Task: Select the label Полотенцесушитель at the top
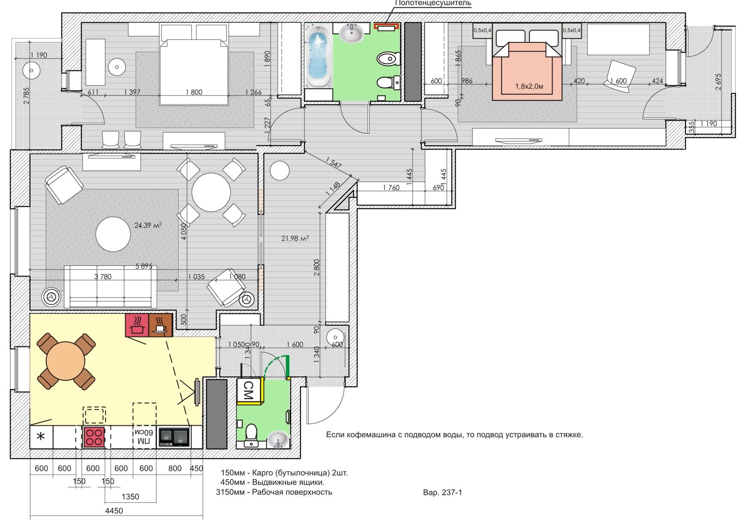433,3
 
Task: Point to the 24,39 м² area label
148,225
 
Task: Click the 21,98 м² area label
295,238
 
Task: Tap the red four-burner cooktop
94,437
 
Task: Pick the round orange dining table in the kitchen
66,361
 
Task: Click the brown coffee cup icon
160,325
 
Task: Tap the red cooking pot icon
137,325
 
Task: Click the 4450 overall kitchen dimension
114,511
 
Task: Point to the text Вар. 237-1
442,493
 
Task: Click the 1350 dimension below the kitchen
130,496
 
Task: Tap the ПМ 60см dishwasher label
144,437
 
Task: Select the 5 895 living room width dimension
144,266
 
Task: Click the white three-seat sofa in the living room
110,286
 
